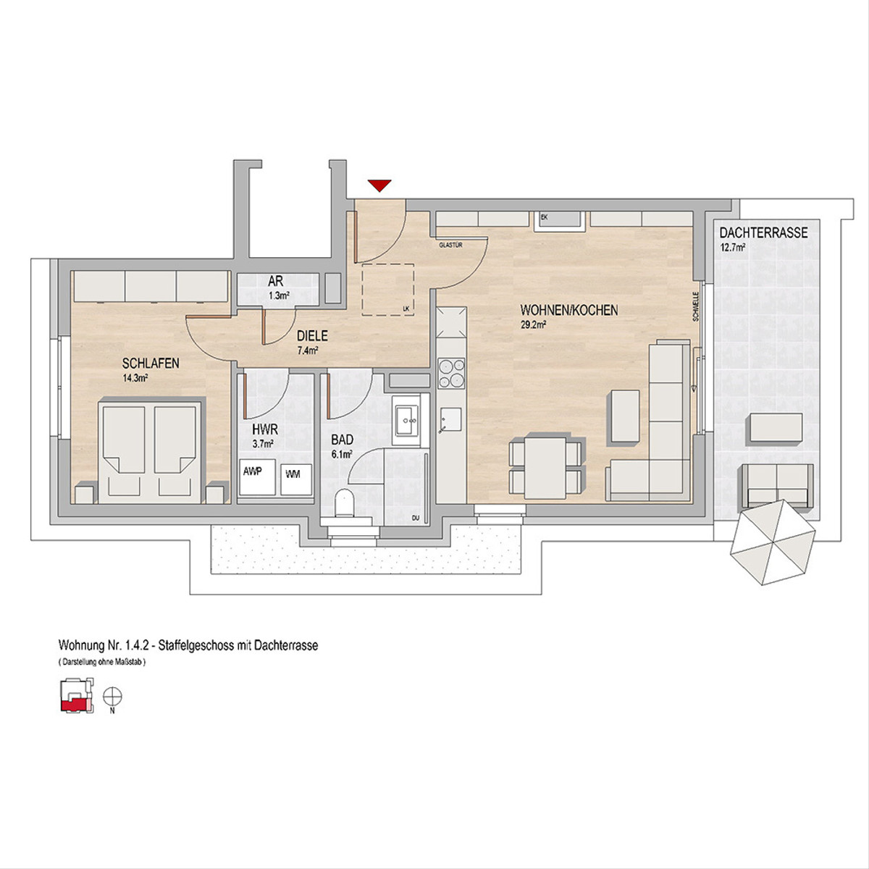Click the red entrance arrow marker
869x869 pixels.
(x=379, y=185)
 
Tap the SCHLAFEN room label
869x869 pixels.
(x=151, y=363)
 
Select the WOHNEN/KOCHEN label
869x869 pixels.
(x=569, y=310)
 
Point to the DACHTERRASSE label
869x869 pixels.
(x=763, y=233)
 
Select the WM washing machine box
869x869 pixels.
(x=296, y=480)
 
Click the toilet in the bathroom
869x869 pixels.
(x=346, y=503)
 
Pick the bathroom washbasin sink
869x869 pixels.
(x=407, y=420)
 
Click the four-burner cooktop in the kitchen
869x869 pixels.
(x=451, y=373)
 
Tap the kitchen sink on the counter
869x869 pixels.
(x=450, y=421)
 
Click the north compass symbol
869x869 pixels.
(x=112, y=697)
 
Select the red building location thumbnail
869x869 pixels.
(x=77, y=695)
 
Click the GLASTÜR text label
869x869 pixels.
(x=451, y=245)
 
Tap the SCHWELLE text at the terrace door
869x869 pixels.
(x=696, y=306)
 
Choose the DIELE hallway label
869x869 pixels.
(x=312, y=335)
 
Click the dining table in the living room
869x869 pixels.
(x=546, y=468)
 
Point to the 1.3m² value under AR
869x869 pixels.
(x=279, y=296)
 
